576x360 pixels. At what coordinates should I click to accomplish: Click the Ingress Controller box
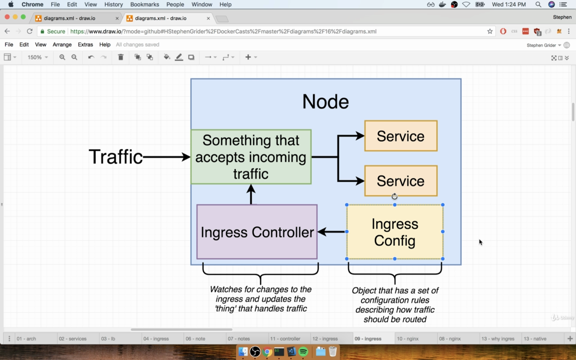[x=257, y=232]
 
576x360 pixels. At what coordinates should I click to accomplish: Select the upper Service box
[x=401, y=136]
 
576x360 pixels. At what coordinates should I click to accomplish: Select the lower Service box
[x=401, y=181]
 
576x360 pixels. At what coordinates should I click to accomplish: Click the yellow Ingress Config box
[x=395, y=232]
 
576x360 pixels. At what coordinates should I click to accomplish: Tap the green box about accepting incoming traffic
[x=251, y=157]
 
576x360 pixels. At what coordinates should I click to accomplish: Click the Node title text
[x=325, y=102]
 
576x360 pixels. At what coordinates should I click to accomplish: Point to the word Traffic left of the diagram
[x=116, y=157]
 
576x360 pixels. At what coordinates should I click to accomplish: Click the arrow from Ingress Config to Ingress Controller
[x=332, y=232]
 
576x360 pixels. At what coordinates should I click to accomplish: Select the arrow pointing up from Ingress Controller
[x=251, y=194]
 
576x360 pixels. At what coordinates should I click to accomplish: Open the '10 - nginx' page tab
[x=408, y=339]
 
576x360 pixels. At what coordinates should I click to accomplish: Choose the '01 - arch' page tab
[x=26, y=339]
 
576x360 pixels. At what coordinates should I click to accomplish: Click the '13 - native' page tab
[x=535, y=339]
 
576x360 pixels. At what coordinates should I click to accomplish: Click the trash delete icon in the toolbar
[x=121, y=57]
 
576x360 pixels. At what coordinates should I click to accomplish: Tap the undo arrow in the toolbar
[x=91, y=57]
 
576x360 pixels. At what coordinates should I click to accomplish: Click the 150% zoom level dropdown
[x=37, y=57]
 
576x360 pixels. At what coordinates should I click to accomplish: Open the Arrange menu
[x=62, y=45]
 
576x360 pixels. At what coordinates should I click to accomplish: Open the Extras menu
[x=85, y=45]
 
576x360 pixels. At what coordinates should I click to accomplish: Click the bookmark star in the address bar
[x=490, y=31]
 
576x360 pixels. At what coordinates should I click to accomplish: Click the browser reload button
[x=30, y=31]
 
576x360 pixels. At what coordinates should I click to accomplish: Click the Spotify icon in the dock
[x=303, y=351]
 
